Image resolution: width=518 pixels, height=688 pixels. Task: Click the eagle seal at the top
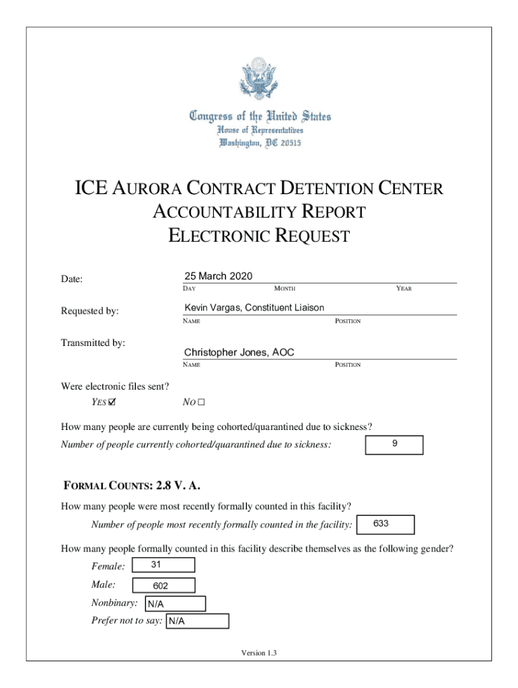[259, 80]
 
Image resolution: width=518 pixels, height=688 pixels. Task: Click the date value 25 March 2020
[218, 276]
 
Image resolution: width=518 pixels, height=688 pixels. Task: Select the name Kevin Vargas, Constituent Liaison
[254, 308]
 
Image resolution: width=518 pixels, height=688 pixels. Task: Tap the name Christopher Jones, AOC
[239, 352]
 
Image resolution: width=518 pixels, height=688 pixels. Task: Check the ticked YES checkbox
[112, 403]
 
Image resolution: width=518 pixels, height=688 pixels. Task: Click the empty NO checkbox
[200, 403]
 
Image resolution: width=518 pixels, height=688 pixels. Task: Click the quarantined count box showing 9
[394, 445]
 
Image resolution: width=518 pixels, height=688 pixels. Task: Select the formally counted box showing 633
[386, 524]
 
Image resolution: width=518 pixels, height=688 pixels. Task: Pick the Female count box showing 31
[164, 566]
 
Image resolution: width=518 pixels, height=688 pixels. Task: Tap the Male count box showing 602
[164, 585]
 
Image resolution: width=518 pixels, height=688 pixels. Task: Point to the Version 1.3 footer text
[259, 653]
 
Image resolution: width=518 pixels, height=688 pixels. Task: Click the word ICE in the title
[90, 188]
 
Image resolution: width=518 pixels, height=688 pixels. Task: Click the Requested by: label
[90, 311]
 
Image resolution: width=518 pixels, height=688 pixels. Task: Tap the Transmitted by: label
[93, 343]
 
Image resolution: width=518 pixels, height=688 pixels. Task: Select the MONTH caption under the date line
[285, 288]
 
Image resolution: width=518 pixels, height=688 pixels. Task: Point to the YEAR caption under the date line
[404, 288]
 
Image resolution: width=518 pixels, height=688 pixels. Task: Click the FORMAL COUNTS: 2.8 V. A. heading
[131, 485]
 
